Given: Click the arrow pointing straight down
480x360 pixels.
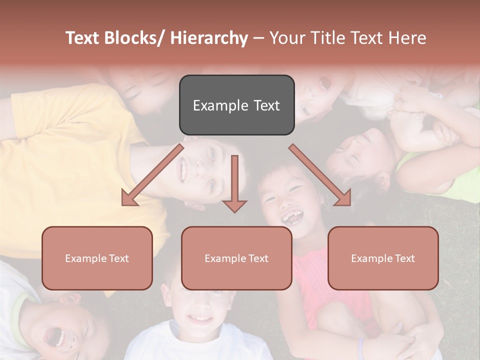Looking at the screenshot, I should point(234,185).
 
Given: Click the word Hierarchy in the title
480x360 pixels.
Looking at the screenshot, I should point(209,38).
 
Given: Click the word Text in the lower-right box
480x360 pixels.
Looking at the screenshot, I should point(404,258).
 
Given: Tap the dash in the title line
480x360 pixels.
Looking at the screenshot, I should point(258,38).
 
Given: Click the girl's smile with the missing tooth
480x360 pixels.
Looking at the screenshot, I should point(291,217).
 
